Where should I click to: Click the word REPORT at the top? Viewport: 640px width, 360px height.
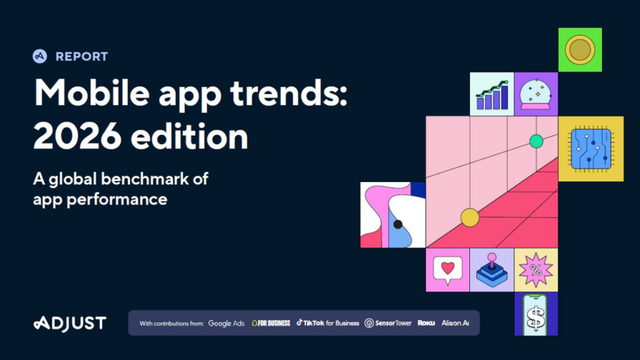tap(82, 56)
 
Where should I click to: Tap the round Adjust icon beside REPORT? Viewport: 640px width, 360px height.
tap(39, 56)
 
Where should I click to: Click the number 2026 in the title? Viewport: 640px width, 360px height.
tap(77, 136)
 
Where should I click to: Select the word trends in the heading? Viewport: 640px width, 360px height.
tap(289, 93)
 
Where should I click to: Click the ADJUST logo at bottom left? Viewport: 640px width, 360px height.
tap(70, 323)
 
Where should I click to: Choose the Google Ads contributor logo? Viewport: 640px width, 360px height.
tap(226, 323)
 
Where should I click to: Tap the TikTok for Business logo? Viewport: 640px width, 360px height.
tap(327, 323)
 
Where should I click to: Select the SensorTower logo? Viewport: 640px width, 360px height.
tap(387, 323)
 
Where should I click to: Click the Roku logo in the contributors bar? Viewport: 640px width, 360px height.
tap(426, 323)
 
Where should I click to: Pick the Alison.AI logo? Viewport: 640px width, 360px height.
tap(455, 323)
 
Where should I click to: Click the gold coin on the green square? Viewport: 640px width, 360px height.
tap(580, 50)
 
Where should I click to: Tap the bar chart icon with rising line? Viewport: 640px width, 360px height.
tap(492, 95)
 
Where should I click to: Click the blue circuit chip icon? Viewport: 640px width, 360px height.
tap(591, 149)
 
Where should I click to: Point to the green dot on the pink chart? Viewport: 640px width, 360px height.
tap(536, 141)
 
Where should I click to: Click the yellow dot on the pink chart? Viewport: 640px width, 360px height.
tap(470, 217)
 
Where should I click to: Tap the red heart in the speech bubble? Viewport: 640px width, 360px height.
tap(447, 267)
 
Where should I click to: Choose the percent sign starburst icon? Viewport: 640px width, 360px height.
tap(536, 270)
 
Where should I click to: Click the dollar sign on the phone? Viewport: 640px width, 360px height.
tap(536, 318)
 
